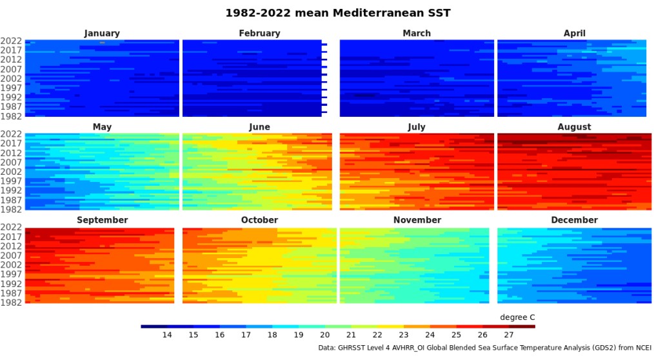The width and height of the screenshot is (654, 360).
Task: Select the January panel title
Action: pyautogui.click(x=102, y=34)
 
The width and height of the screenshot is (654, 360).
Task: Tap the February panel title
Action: pyautogui.click(x=259, y=34)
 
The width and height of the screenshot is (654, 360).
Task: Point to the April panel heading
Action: pyautogui.click(x=574, y=34)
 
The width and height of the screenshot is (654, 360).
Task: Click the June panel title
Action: pyautogui.click(x=259, y=127)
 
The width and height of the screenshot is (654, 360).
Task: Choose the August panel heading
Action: pyautogui.click(x=574, y=127)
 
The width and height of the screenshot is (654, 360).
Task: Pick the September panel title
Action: pyautogui.click(x=102, y=220)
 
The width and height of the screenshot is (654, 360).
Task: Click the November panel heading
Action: pyautogui.click(x=417, y=220)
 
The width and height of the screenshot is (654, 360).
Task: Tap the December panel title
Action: pyautogui.click(x=574, y=220)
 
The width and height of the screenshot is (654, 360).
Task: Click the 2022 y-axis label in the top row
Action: pyautogui.click(x=12, y=41)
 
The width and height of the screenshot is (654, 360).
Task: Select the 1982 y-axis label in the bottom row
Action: pyautogui.click(x=12, y=303)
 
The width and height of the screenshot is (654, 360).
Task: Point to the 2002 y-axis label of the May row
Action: pyautogui.click(x=12, y=172)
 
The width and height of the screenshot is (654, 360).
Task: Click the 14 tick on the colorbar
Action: pyautogui.click(x=167, y=335)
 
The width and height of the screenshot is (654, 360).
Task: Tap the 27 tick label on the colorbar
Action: pyautogui.click(x=508, y=335)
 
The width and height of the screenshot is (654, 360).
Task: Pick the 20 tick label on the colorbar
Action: pyautogui.click(x=324, y=335)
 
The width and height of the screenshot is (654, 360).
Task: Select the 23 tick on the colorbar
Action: pyautogui.click(x=403, y=335)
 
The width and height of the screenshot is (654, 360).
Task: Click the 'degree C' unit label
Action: pyautogui.click(x=517, y=317)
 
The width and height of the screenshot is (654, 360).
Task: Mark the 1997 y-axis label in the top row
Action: pyautogui.click(x=12, y=88)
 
